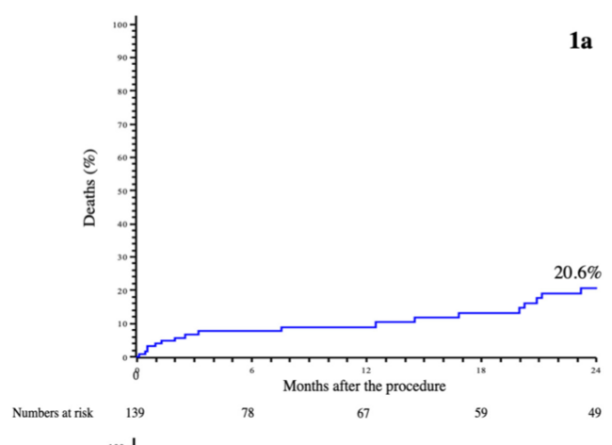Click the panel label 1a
(x=582, y=42)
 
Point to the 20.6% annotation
(x=577, y=272)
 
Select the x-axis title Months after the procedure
(x=364, y=387)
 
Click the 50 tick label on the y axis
(x=121, y=190)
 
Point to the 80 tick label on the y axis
(x=121, y=91)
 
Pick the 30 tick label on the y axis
(x=121, y=257)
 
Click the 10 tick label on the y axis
(x=121, y=323)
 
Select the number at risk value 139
(x=137, y=413)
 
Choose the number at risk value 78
(x=251, y=413)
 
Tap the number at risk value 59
(x=480, y=413)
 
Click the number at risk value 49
(x=595, y=413)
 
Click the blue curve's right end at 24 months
(x=596, y=288)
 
